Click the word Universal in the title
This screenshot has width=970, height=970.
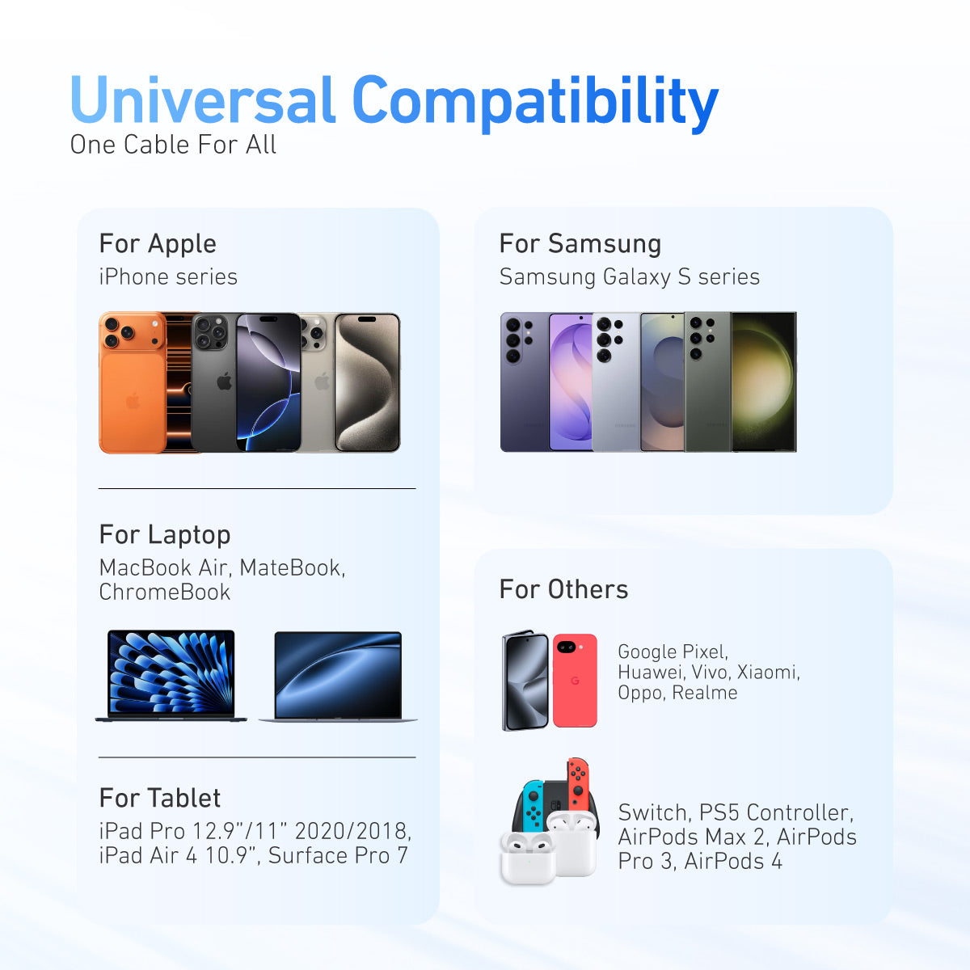click(x=202, y=99)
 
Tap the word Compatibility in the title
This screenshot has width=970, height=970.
click(x=535, y=103)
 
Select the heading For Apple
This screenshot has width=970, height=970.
click(x=158, y=245)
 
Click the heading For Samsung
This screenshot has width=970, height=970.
click(x=580, y=245)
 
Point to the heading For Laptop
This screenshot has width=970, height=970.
click(x=165, y=536)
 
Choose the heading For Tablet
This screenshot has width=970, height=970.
click(x=160, y=799)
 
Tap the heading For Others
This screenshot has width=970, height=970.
click(x=563, y=589)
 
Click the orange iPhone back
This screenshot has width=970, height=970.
click(x=133, y=382)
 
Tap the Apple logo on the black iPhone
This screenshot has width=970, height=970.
click(x=225, y=381)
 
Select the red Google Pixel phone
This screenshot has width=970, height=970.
click(x=575, y=681)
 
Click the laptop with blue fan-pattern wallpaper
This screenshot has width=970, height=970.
click(x=171, y=676)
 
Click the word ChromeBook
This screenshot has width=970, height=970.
click(x=165, y=592)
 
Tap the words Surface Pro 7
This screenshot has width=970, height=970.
click(x=338, y=855)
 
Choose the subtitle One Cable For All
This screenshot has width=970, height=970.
click(x=173, y=145)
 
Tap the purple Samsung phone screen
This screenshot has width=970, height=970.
click(x=571, y=382)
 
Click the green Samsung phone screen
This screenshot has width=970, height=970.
click(x=763, y=382)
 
